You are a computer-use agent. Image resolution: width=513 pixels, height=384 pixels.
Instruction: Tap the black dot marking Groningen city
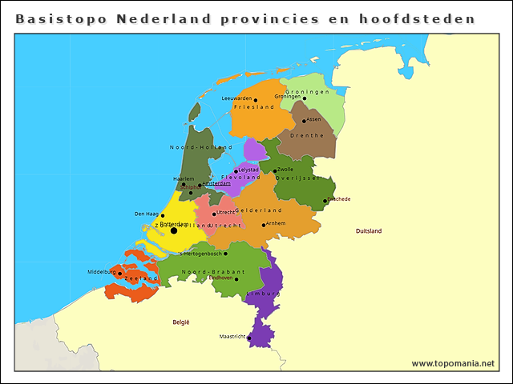[304, 98]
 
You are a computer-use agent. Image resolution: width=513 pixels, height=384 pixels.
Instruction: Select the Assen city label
[313, 119]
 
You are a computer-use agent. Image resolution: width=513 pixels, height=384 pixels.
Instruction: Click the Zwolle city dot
[275, 170]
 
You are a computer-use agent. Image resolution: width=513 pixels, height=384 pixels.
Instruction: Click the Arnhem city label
[275, 223]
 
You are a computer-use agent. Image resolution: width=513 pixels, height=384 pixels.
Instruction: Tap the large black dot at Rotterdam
[174, 230]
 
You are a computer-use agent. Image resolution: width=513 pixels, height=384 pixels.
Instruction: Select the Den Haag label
[146, 214]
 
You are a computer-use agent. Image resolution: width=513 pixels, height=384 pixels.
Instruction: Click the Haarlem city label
[184, 178]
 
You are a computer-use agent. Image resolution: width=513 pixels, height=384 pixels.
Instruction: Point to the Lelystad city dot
[236, 170]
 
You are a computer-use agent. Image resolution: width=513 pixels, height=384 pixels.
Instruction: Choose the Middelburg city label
[102, 272]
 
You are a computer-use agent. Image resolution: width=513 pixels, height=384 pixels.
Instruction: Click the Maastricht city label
[232, 337]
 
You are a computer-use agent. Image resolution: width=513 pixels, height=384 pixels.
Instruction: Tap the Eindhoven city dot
[236, 279]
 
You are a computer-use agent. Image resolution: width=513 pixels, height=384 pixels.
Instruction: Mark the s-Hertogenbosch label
[200, 253]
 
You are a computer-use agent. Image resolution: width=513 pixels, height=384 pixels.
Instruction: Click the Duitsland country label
[369, 230]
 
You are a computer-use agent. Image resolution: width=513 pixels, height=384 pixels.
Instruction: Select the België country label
[181, 322]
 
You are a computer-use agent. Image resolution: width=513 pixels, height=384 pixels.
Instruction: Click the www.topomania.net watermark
[453, 363]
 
